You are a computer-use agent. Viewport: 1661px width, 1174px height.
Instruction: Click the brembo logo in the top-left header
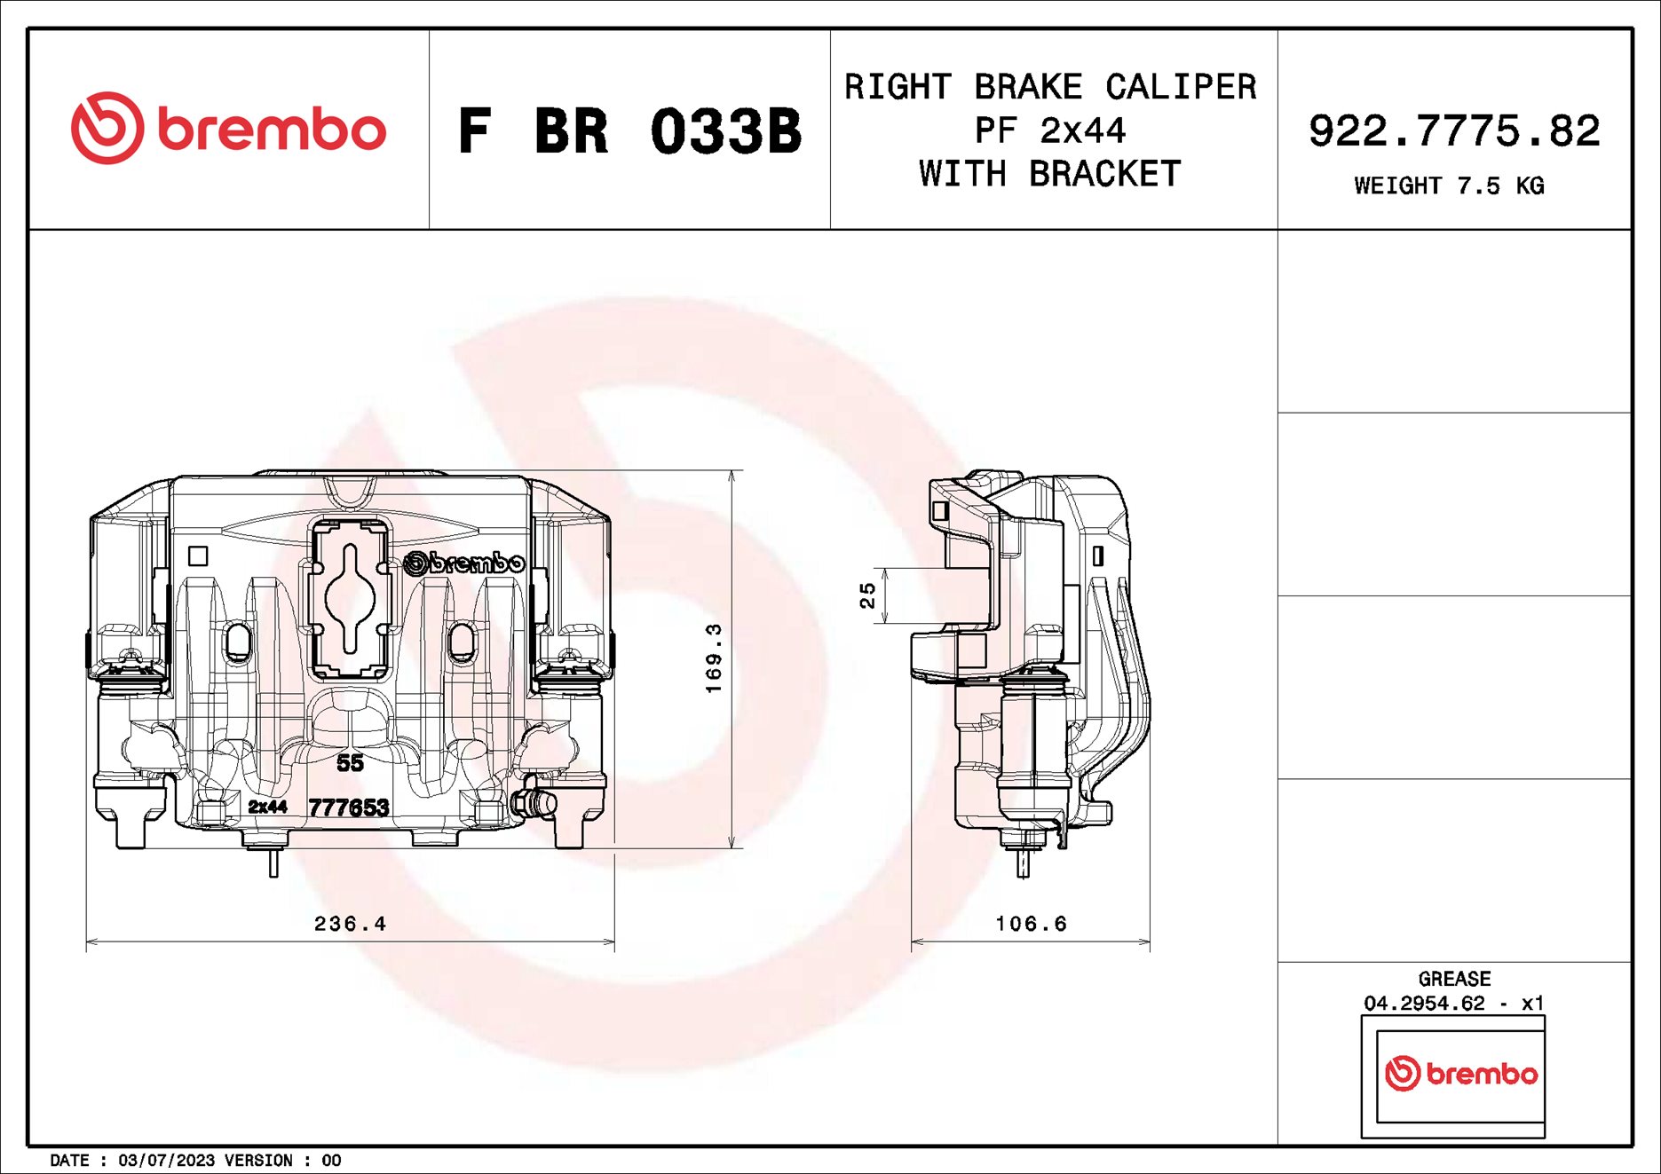(228, 129)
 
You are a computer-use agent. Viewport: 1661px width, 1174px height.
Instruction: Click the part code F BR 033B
(629, 131)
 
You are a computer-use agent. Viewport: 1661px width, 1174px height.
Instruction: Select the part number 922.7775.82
(1454, 131)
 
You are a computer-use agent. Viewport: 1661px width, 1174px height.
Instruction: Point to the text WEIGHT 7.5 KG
(1449, 185)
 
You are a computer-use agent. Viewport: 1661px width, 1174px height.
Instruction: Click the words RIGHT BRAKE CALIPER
(1050, 87)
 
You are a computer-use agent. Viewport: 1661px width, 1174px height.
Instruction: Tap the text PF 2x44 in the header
(1050, 130)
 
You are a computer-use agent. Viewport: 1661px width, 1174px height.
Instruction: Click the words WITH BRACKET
(1050, 174)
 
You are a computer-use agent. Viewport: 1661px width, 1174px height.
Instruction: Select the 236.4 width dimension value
(350, 924)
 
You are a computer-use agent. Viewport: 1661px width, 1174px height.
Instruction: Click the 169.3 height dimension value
(714, 658)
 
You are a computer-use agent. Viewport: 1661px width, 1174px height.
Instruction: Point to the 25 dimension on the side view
(867, 595)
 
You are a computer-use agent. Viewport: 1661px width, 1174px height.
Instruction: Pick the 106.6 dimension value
(1031, 924)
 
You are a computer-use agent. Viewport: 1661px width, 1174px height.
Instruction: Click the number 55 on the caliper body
(350, 762)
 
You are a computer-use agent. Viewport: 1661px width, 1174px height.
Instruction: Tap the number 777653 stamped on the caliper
(349, 808)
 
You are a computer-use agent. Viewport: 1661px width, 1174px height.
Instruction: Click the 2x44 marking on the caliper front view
(267, 807)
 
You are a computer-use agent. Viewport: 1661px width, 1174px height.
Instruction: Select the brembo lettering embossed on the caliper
(464, 563)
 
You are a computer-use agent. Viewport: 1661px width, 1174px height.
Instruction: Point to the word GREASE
(1454, 979)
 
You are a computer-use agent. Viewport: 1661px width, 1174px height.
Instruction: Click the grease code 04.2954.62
(1424, 1004)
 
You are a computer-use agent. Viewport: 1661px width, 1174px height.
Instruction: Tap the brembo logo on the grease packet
(1460, 1074)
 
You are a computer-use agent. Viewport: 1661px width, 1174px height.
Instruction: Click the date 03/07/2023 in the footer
(166, 1161)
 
